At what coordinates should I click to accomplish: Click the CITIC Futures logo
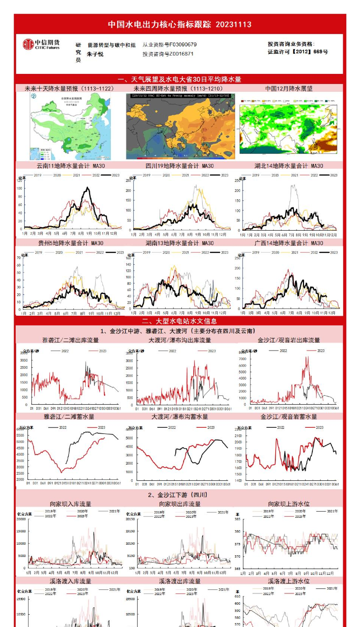[41, 44]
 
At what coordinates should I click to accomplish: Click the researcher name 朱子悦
[95, 54]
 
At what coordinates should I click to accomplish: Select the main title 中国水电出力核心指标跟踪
[159, 25]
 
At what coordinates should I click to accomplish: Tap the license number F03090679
[183, 45]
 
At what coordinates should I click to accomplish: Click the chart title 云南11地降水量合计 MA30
[71, 166]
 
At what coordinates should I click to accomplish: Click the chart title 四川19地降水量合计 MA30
[179, 166]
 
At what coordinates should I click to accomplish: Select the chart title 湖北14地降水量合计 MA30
[289, 166]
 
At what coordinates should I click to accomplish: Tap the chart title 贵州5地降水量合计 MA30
[71, 243]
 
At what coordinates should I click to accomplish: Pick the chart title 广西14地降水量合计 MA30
[289, 243]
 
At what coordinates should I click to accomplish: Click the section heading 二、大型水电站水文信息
[179, 321]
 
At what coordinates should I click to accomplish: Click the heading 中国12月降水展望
[289, 88]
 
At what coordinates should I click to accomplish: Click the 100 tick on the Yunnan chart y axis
[19, 188]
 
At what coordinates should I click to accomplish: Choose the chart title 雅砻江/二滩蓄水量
[69, 417]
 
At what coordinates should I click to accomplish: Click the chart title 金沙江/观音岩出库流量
[289, 340]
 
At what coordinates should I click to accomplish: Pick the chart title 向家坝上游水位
[289, 504]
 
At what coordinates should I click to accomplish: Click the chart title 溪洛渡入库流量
[71, 581]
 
